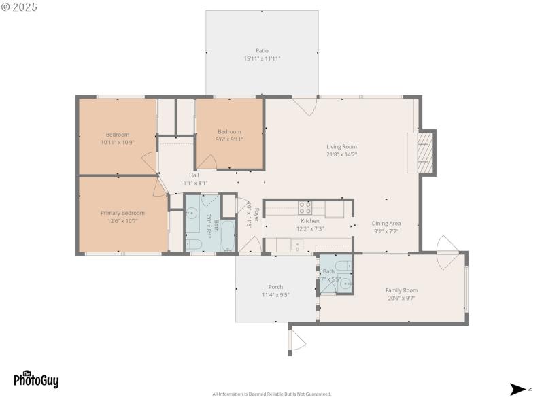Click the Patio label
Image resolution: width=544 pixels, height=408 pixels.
(262, 50)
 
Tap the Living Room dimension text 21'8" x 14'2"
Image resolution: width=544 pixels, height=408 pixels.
(341, 154)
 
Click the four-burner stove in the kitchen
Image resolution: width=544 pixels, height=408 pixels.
(305, 207)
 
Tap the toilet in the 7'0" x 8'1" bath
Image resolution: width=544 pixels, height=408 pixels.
(192, 243)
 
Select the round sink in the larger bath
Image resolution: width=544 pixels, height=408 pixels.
(192, 211)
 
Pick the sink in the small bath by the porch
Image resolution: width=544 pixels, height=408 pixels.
(345, 284)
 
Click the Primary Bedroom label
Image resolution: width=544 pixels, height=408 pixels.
(123, 213)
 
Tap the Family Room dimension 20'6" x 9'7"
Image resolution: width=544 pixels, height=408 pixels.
(401, 298)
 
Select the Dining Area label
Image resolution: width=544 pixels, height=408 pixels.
(386, 224)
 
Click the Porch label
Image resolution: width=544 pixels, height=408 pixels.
(275, 287)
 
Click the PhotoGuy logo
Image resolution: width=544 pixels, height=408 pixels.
(36, 379)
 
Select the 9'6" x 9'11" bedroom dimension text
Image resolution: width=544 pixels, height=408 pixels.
(229, 139)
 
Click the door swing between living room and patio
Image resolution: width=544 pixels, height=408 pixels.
(305, 105)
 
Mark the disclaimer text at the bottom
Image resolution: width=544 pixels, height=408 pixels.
(272, 394)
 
